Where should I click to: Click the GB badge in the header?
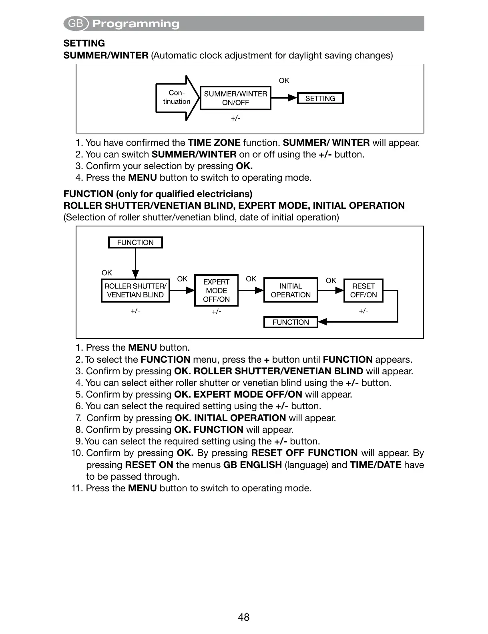[76, 24]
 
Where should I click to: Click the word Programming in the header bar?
[136, 24]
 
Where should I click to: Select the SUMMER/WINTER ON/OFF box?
[235, 98]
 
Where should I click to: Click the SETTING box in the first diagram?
[320, 99]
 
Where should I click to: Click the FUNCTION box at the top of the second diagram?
[135, 242]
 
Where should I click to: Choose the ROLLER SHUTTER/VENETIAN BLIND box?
[135, 291]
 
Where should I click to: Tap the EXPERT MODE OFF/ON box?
[216, 291]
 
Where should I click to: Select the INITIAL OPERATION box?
[291, 291]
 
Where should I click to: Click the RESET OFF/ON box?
[363, 291]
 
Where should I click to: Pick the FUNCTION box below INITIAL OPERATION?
[291, 322]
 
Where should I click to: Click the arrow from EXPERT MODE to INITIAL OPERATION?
[251, 290]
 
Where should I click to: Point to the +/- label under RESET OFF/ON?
[363, 311]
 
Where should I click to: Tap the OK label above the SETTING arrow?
[284, 81]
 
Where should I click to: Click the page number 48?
[243, 617]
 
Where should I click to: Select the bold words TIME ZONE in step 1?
[214, 143]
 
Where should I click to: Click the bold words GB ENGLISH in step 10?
[253, 465]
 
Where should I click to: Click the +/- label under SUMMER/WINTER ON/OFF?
[235, 118]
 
